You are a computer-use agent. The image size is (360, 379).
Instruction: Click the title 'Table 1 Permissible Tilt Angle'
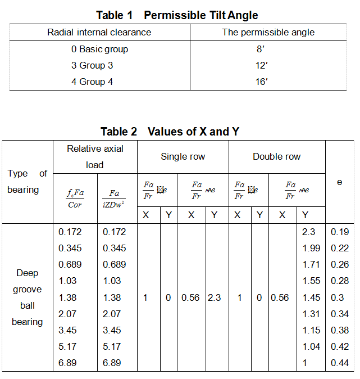tap(177, 15)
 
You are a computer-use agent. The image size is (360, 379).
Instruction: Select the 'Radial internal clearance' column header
tap(99, 32)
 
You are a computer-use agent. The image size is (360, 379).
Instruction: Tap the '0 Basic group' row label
tap(99, 49)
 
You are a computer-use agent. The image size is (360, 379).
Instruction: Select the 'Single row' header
tap(183, 156)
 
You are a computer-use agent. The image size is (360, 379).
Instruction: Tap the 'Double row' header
tap(276, 156)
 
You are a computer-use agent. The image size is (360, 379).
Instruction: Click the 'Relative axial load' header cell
tap(95, 156)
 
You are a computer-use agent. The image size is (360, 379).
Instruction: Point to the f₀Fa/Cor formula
tap(74, 199)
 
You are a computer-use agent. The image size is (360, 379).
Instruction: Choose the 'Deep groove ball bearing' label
tap(28, 297)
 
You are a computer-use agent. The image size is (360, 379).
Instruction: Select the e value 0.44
tap(339, 363)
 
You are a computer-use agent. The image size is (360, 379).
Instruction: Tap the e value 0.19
tap(339, 232)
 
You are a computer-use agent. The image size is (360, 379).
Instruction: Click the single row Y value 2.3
tap(214, 297)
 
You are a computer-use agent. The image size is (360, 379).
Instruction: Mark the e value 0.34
tap(339, 314)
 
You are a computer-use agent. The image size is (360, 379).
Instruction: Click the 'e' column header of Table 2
tap(339, 182)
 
